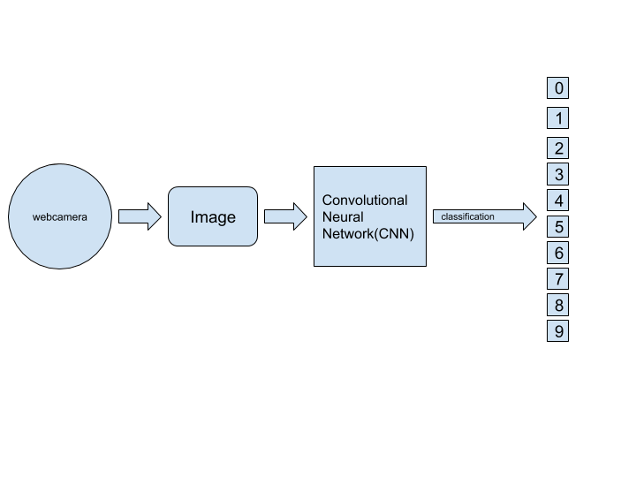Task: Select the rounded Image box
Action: (213, 216)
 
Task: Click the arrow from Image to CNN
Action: (284, 216)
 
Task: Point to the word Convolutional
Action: (365, 201)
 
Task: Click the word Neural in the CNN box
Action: (343, 216)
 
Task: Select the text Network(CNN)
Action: (367, 233)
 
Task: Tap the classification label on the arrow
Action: (467, 216)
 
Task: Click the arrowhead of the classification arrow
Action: (529, 216)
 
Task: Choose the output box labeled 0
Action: (557, 87)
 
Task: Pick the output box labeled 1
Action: (557, 117)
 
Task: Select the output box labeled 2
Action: (557, 148)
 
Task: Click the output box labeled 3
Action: (557, 175)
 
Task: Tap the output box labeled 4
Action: (557, 201)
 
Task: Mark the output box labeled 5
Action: (557, 227)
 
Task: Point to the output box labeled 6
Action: (557, 254)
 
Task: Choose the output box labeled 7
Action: (557, 279)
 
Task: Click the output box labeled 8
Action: (557, 306)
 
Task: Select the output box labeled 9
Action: (557, 332)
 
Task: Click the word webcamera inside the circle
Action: (60, 216)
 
